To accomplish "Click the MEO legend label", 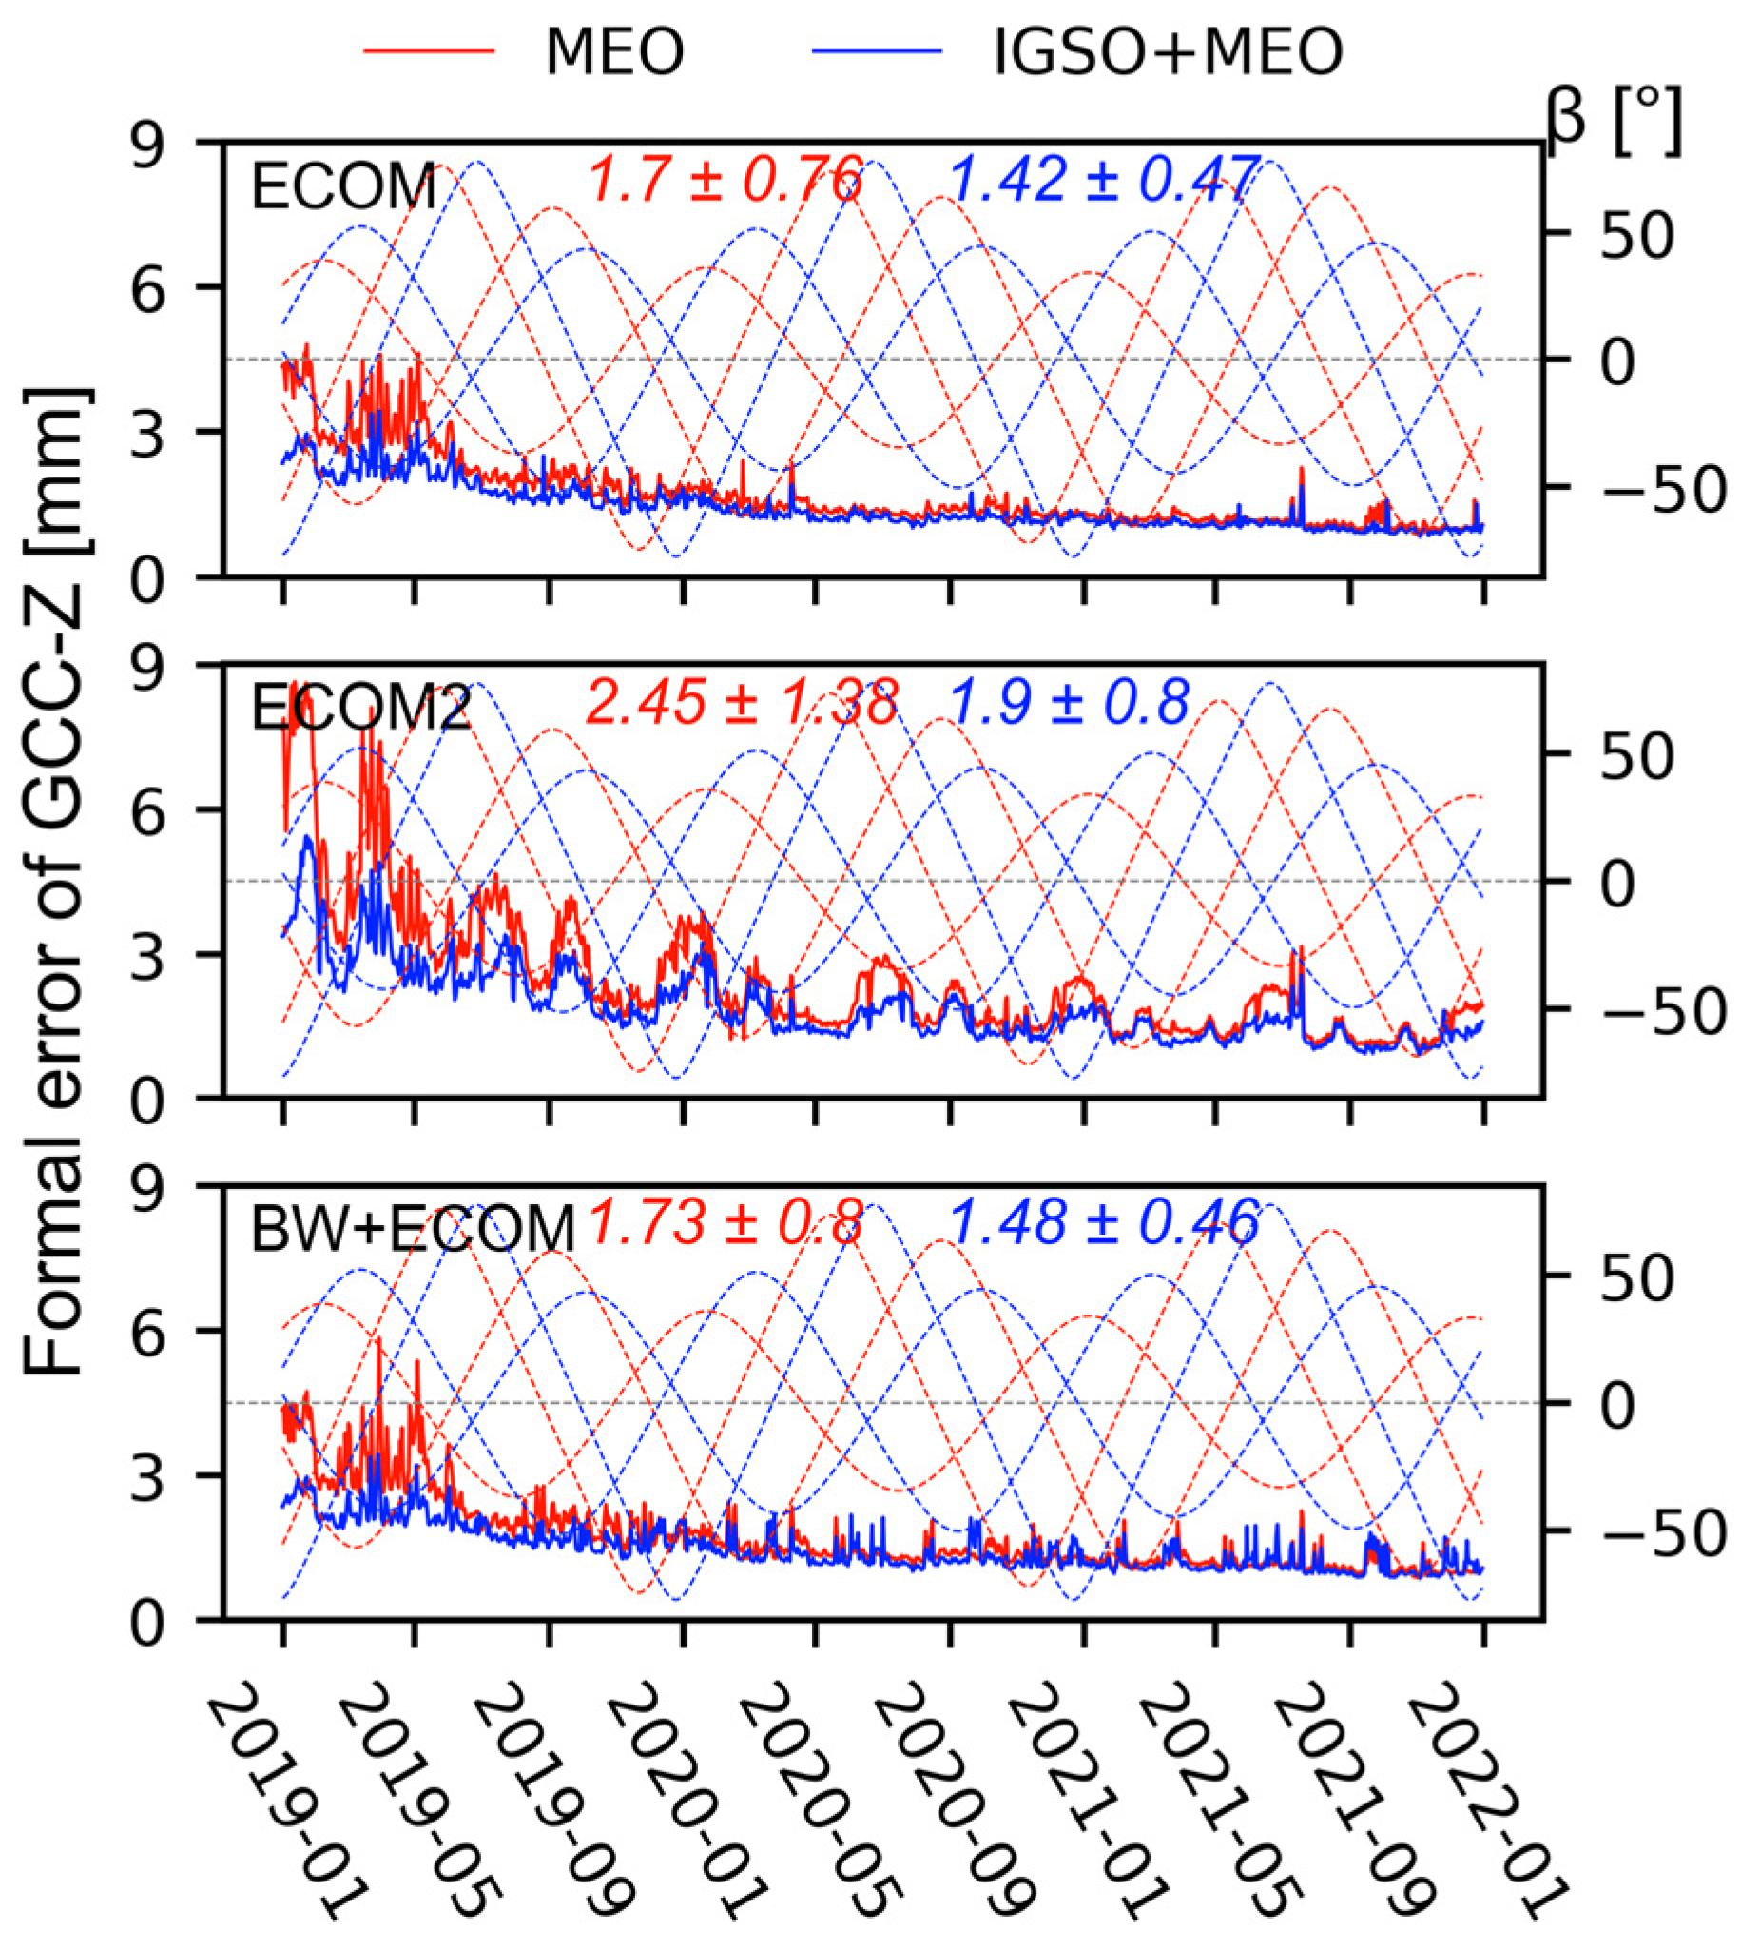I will pyautogui.click(x=614, y=51).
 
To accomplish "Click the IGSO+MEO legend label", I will pyautogui.click(x=1168, y=51).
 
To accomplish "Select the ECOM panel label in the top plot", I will pyautogui.click(x=342, y=186).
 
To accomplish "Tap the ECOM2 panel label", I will pyautogui.click(x=360, y=709).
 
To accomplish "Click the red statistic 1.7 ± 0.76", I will pyautogui.click(x=726, y=180).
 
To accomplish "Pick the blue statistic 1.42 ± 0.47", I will pyautogui.click(x=1103, y=180).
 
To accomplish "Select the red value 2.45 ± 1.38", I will pyautogui.click(x=742, y=703).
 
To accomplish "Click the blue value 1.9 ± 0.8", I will pyautogui.click(x=1070, y=703).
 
